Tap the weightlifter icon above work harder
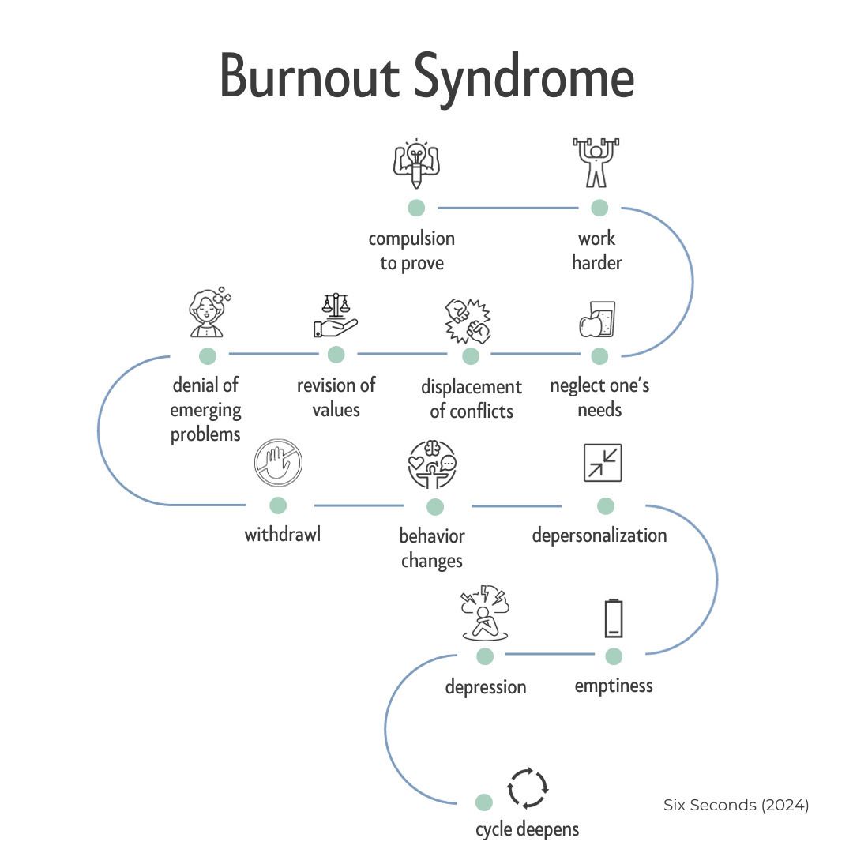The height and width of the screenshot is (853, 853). coord(596,162)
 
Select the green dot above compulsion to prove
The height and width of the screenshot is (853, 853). coord(416,207)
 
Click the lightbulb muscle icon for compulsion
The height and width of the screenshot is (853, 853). coord(416,163)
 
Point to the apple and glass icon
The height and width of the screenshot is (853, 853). coord(597,319)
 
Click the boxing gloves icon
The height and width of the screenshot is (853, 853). coord(468,321)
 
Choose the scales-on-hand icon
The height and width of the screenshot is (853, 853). coord(336,315)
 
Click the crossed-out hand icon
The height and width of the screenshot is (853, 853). coord(278,462)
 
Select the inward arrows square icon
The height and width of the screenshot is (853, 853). coord(603,463)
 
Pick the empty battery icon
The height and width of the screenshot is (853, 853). coord(614,618)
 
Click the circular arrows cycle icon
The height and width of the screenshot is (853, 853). coord(527,788)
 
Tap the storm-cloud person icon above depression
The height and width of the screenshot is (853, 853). coord(485,613)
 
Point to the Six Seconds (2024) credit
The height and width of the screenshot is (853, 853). coord(736,805)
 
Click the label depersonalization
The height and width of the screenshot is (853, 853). coord(599,535)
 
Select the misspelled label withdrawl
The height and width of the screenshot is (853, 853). coord(282,534)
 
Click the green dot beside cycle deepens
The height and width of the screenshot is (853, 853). coord(483,802)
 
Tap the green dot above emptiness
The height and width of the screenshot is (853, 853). coord(614,656)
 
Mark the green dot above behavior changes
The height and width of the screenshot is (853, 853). coord(434,507)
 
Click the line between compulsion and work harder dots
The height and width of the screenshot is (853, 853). coord(508,208)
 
